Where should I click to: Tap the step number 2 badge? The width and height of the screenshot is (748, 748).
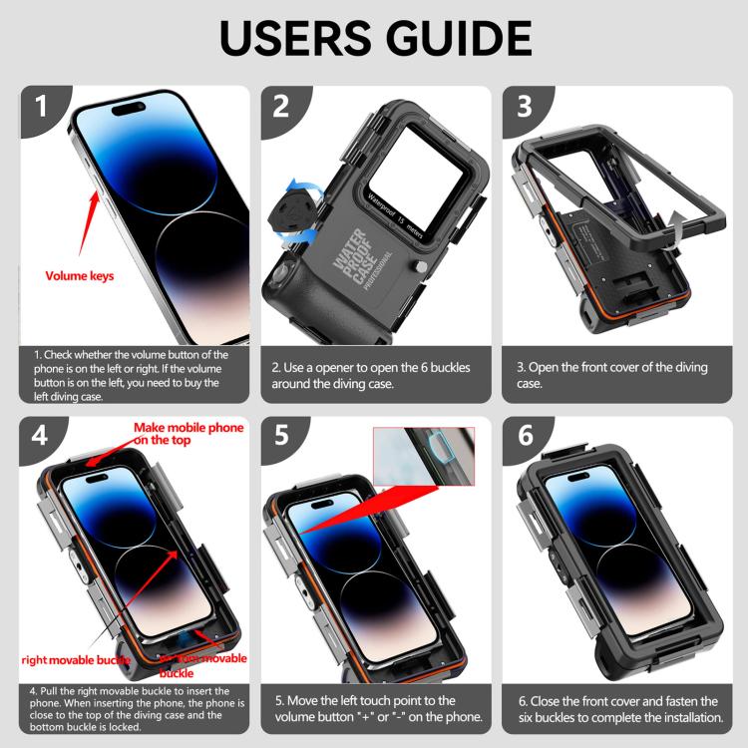[279, 106]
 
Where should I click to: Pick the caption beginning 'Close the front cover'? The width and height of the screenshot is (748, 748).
[617, 708]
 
